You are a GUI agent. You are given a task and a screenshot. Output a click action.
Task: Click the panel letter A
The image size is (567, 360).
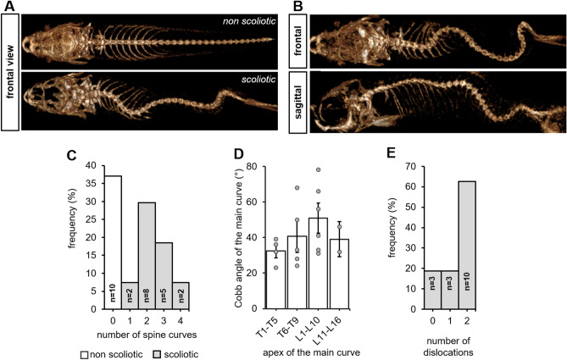tap(8, 7)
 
